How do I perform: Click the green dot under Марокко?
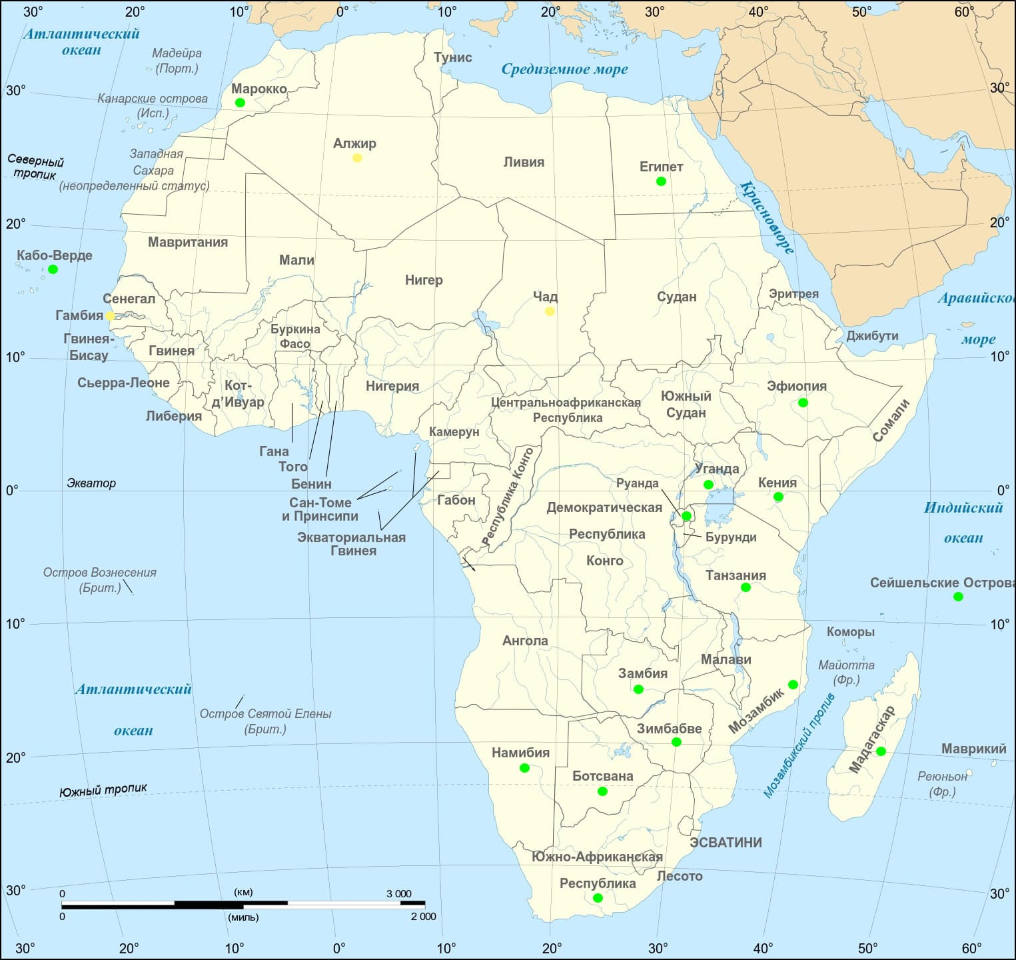click(240, 103)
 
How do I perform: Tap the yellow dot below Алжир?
click(357, 158)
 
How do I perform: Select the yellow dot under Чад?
click(550, 311)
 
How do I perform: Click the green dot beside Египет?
click(661, 181)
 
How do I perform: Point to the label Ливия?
click(524, 162)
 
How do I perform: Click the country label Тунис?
click(453, 57)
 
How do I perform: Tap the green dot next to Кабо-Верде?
click(53, 269)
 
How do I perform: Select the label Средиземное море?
click(564, 69)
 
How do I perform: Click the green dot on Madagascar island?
click(881, 751)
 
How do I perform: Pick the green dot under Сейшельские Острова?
click(958, 597)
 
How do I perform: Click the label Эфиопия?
click(796, 386)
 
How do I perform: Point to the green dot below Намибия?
click(524, 768)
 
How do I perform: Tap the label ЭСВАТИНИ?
click(726, 843)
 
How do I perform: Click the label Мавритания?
click(188, 242)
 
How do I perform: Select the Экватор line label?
click(91, 483)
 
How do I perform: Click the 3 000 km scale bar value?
click(399, 894)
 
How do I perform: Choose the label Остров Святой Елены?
click(265, 714)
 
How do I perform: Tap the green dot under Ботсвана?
click(602, 791)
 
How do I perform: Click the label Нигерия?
click(392, 386)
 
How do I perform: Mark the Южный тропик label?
click(103, 791)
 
